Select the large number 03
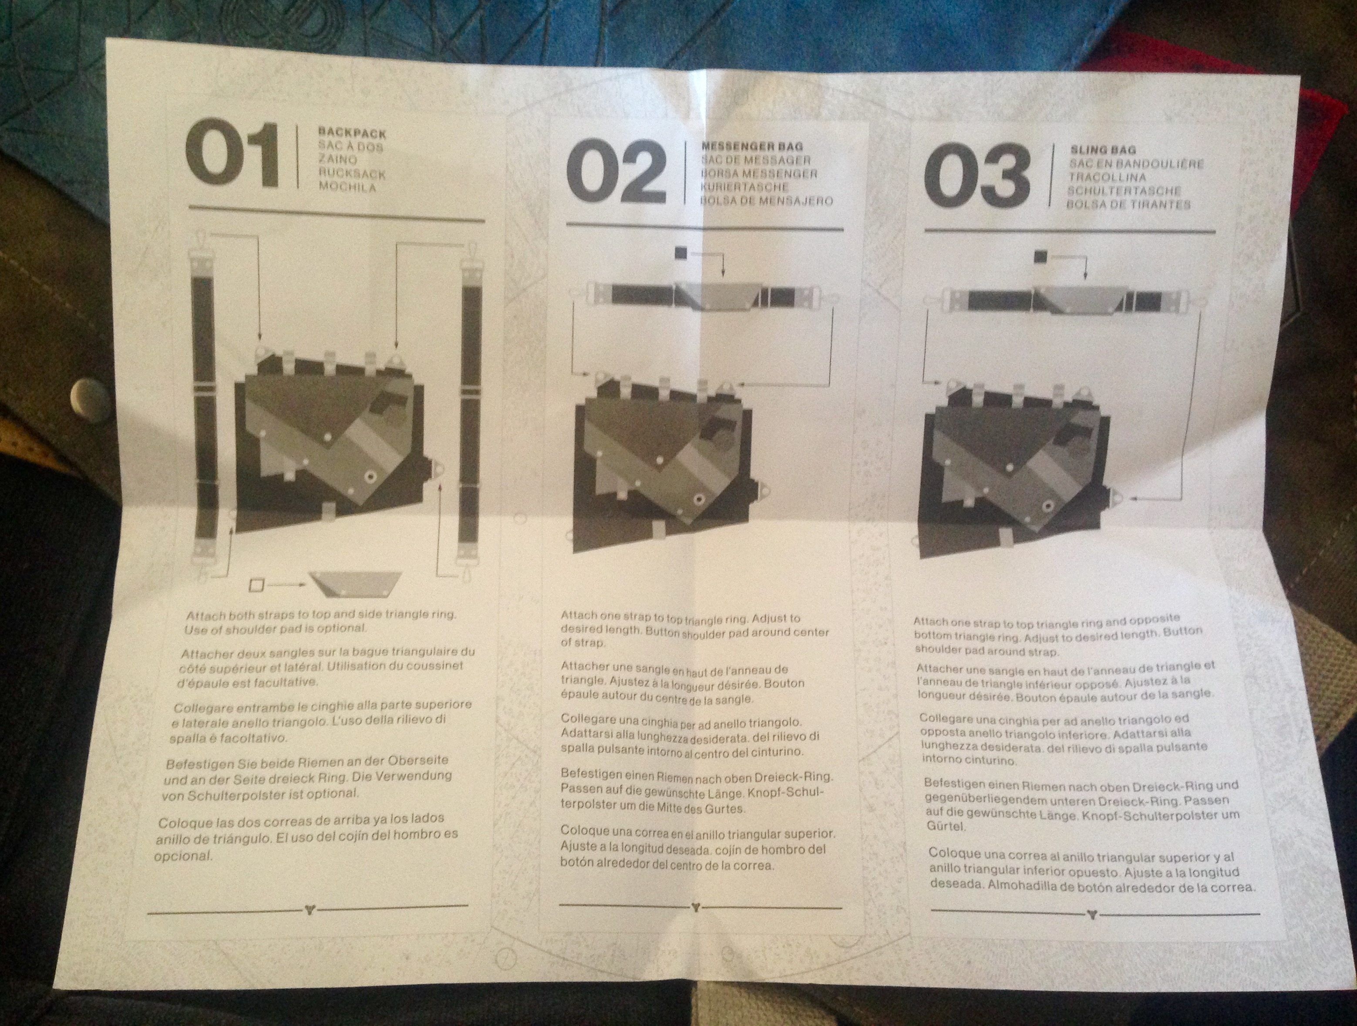point(977,176)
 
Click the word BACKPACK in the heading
point(352,132)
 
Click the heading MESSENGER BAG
point(752,147)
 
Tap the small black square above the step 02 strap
point(680,252)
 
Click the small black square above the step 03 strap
point(1039,256)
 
